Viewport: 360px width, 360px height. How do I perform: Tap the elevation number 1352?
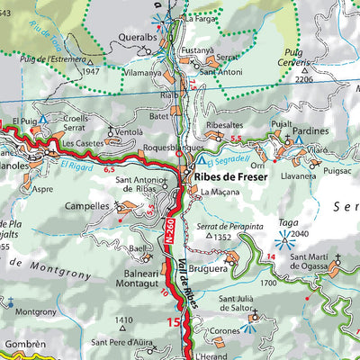tap(224, 237)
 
